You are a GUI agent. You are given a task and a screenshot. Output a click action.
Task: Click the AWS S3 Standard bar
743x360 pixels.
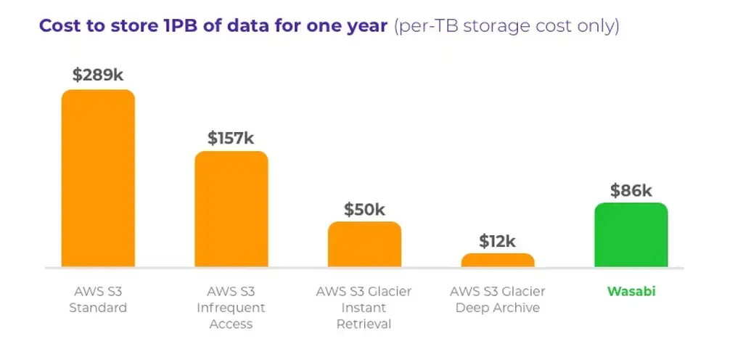(98, 179)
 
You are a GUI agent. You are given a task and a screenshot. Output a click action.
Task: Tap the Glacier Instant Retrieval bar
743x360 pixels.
(364, 245)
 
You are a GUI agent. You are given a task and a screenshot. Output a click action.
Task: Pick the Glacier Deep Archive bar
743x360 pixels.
(498, 261)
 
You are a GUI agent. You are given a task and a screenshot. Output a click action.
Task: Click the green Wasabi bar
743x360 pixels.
(631, 235)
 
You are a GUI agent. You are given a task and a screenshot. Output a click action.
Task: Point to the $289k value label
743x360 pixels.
(97, 75)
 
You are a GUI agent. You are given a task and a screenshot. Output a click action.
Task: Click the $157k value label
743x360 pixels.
(231, 138)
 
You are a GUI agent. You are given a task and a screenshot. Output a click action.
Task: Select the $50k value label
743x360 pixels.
(364, 210)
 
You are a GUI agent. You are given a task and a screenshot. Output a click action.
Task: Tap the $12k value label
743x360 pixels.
(498, 241)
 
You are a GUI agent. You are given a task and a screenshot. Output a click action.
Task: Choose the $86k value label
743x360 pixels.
(631, 191)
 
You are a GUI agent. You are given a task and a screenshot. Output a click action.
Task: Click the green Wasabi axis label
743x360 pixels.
(631, 291)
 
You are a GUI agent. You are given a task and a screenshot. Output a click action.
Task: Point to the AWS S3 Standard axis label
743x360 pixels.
(98, 299)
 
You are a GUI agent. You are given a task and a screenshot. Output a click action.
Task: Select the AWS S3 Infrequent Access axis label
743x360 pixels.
(231, 307)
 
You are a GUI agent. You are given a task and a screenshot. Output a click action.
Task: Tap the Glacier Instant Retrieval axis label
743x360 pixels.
(364, 307)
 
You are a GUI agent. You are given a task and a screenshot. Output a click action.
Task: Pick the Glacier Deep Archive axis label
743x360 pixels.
(498, 299)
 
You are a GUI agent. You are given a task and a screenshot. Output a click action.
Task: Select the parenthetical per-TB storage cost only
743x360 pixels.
(506, 26)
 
